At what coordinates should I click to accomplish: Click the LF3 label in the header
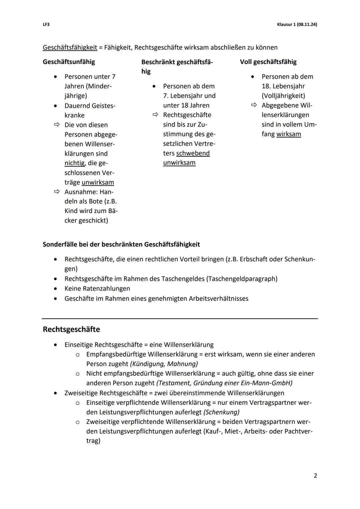pyautogui.click(x=46, y=24)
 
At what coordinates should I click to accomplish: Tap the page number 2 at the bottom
pyautogui.click(x=315, y=476)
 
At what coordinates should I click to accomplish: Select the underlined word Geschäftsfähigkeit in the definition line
pyautogui.click(x=70, y=47)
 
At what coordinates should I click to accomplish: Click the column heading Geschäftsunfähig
pyautogui.click(x=69, y=62)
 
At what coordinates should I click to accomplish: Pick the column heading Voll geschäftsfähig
pyautogui.click(x=268, y=62)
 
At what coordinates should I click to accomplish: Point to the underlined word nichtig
pyautogui.click(x=74, y=163)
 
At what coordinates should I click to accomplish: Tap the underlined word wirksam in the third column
pyautogui.click(x=289, y=134)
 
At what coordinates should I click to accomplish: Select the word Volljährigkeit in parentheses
pyautogui.click(x=283, y=96)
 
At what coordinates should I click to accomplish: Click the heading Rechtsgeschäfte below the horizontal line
pyautogui.click(x=71, y=329)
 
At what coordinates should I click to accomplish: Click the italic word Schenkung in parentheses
pyautogui.click(x=221, y=412)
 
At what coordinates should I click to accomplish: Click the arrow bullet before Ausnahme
pyautogui.click(x=57, y=192)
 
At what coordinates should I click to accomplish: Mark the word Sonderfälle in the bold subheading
pyautogui.click(x=60, y=244)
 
